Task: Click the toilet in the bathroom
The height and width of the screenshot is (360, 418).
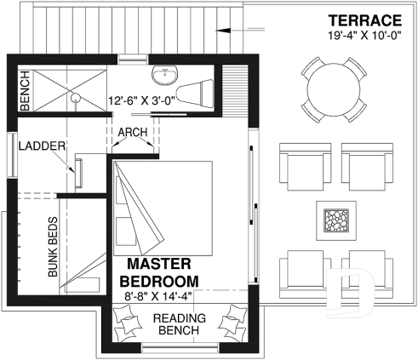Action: (200, 89)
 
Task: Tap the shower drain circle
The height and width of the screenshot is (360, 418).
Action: (76, 97)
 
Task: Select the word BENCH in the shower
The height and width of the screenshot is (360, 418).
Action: (24, 86)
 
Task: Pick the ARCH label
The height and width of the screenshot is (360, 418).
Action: (133, 132)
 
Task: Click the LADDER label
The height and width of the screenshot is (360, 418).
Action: (42, 146)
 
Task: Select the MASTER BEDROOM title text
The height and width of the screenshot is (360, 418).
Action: (159, 272)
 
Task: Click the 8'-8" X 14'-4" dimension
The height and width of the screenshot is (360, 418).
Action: (159, 296)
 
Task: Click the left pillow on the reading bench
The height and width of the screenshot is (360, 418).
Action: (123, 324)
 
